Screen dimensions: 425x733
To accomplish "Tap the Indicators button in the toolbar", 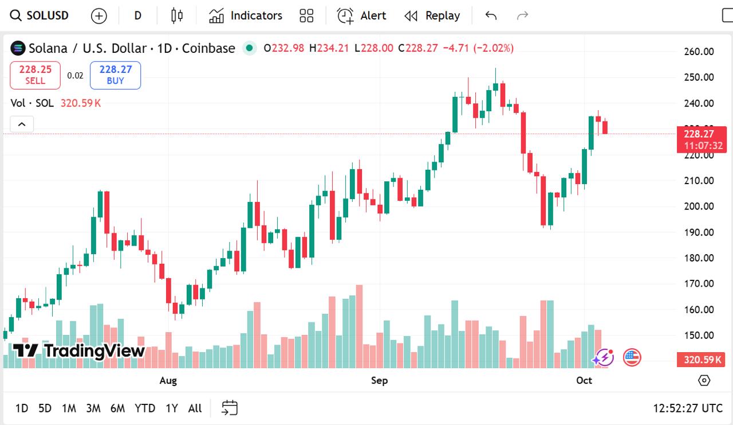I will [246, 15].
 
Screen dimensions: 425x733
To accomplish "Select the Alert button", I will [361, 15].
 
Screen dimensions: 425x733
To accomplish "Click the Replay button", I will [432, 15].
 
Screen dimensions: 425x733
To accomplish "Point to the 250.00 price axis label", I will [699, 77].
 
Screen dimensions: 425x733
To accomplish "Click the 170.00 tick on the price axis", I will [699, 283].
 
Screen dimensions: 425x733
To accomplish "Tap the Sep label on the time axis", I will [379, 380].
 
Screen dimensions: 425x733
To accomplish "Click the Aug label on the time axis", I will [168, 380].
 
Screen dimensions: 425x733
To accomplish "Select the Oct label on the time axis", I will [584, 380].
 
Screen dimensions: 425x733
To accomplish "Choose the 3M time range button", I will [93, 408].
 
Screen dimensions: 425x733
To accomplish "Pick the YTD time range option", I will [145, 408].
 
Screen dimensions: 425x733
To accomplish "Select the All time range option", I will [195, 408].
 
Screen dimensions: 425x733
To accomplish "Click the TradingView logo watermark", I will [79, 350].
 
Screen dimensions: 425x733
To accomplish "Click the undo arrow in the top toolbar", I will [491, 15].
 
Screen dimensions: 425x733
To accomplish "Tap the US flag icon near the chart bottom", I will [632, 358].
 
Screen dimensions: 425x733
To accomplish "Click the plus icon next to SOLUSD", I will [99, 16].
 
